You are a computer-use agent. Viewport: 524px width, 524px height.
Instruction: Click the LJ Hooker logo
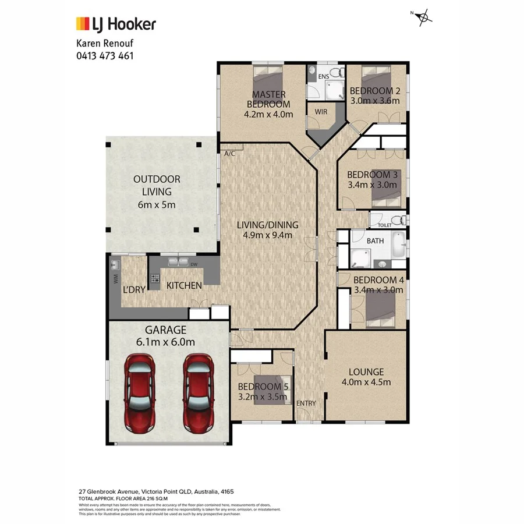(x=116, y=24)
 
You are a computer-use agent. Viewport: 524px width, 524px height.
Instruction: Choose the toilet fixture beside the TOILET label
(x=398, y=220)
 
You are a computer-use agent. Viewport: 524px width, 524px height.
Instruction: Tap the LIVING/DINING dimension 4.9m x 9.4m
(x=268, y=235)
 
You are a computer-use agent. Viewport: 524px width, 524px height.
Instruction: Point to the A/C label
(x=229, y=153)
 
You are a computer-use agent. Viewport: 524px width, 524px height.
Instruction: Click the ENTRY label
(x=306, y=403)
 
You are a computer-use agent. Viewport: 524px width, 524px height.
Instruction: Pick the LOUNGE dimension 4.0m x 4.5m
(x=366, y=382)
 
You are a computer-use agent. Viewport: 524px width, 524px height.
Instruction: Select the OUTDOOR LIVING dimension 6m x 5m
(x=156, y=204)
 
